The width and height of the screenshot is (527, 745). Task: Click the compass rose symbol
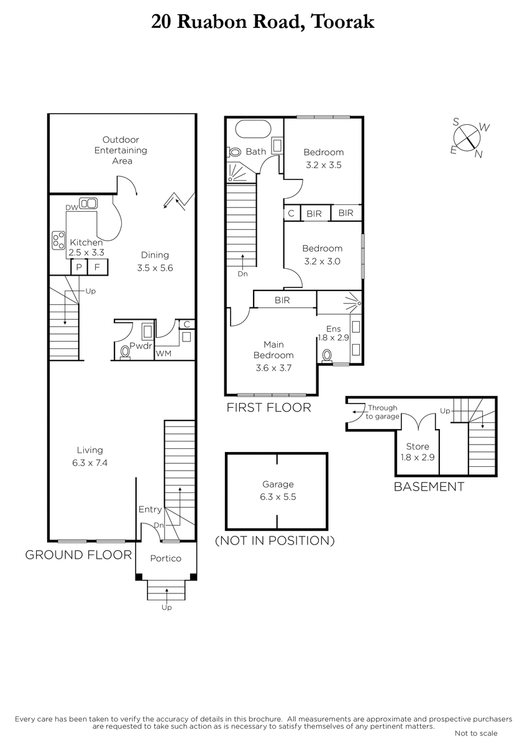467,137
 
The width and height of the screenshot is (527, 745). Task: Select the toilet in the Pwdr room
126,352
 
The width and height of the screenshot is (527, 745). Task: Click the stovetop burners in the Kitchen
58,240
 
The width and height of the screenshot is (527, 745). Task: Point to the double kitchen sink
88,203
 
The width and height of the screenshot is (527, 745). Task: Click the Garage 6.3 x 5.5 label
278,490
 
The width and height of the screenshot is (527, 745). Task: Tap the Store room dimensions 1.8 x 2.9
418,458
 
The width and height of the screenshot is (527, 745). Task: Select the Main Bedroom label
273,350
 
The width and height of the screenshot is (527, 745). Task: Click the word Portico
166,558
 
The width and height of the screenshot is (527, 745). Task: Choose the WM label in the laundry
163,353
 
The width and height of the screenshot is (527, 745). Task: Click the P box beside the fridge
79,267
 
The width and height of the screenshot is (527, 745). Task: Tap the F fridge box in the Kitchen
98,267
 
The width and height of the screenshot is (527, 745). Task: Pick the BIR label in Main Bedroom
282,300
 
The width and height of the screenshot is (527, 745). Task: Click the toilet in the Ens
327,355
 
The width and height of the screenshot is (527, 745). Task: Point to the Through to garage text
383,412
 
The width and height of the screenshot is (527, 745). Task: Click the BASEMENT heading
429,487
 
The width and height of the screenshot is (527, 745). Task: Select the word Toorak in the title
343,22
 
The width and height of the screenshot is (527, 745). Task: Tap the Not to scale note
476,733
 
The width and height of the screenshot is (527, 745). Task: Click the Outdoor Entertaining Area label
121,150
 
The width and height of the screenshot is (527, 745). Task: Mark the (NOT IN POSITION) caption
275,541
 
